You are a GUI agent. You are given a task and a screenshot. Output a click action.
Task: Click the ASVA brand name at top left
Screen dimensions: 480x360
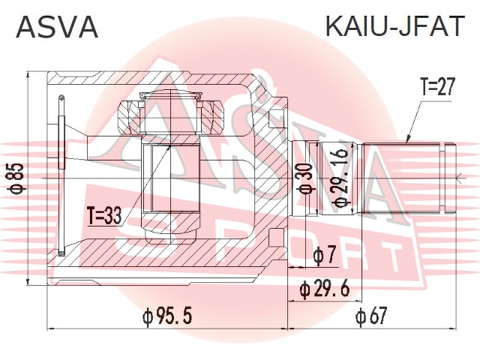[x=57, y=27]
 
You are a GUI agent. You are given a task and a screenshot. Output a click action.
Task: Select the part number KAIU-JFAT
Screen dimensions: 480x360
[x=394, y=27]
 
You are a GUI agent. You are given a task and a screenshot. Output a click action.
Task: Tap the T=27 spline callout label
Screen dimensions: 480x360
[x=437, y=88]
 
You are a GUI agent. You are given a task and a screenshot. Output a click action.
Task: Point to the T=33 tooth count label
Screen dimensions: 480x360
[x=103, y=217]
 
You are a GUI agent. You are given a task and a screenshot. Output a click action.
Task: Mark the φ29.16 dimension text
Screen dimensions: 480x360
[x=339, y=179]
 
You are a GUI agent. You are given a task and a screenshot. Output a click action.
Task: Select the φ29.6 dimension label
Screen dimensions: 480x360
[x=325, y=287]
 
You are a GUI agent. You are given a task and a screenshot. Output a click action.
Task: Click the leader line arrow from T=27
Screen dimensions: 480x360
[x=408, y=139]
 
